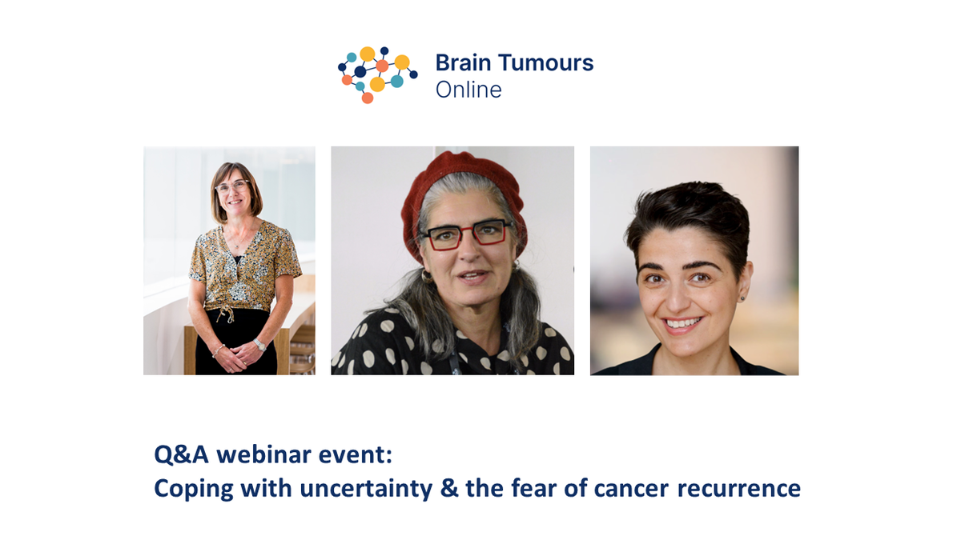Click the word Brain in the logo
[459, 63]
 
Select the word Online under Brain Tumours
[468, 90]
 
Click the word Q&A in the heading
[182, 455]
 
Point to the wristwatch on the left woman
[259, 345]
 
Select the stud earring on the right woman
[742, 298]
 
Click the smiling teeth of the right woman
[683, 324]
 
